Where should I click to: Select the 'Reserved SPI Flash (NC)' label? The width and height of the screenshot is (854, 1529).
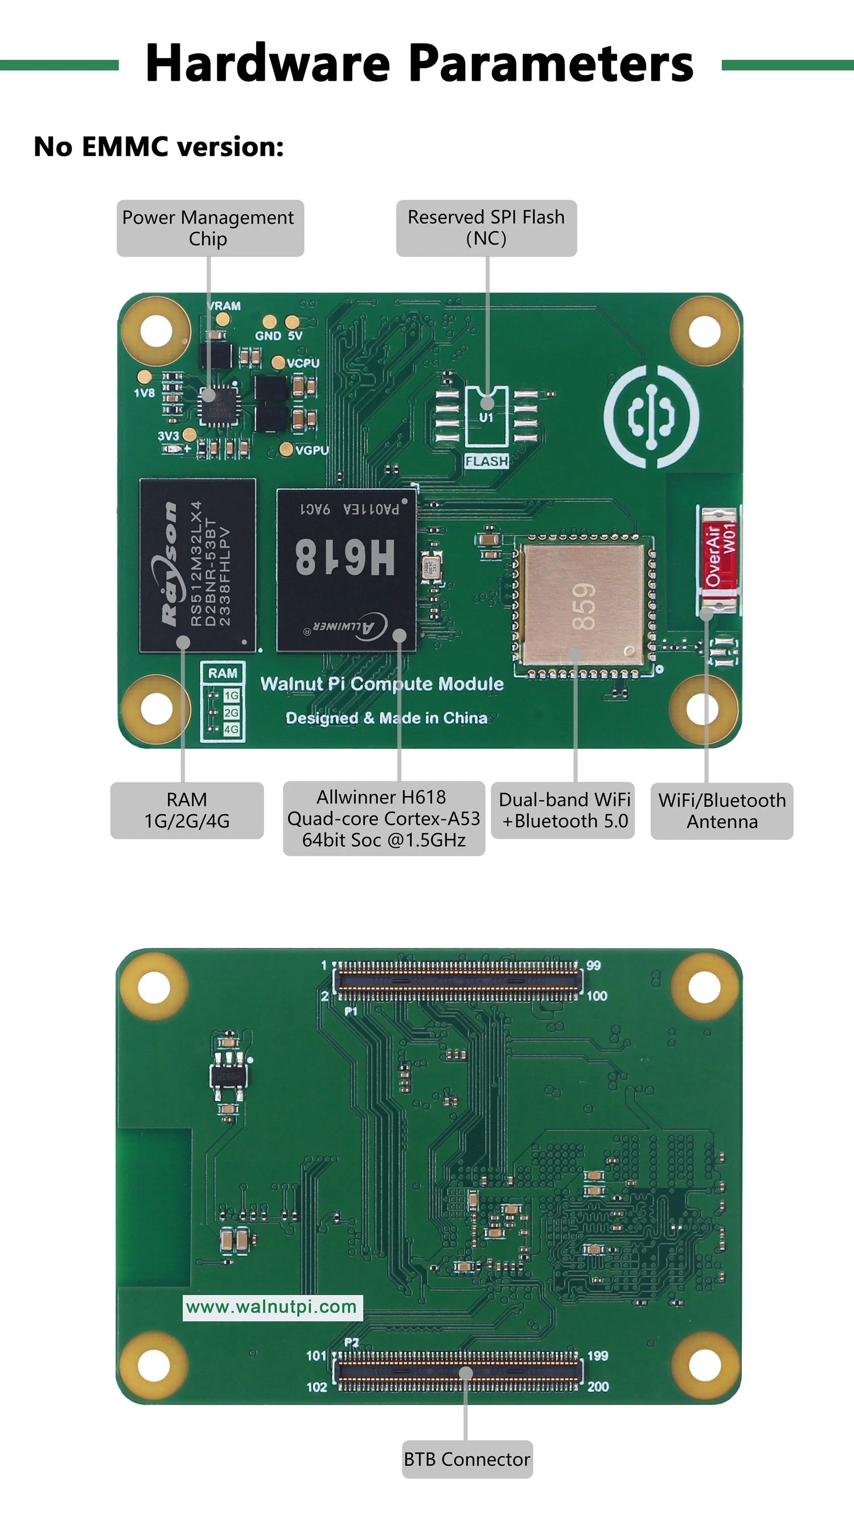tap(486, 228)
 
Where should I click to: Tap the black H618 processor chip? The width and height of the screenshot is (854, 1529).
tap(346, 570)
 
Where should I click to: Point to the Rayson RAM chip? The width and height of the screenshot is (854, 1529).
tap(197, 565)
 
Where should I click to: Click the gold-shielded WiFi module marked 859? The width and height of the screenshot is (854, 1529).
tap(583, 604)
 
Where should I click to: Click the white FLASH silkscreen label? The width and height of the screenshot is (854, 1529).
tap(486, 461)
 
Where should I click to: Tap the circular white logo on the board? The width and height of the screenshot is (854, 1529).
tap(651, 416)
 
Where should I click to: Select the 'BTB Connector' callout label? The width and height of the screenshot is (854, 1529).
tap(467, 1459)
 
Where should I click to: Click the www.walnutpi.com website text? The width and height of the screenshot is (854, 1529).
tap(272, 1307)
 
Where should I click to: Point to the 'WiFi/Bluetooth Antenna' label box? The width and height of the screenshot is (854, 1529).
tap(721, 811)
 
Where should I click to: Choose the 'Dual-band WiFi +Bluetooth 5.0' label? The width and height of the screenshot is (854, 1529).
tap(563, 810)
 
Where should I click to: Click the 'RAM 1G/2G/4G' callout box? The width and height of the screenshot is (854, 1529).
tap(187, 810)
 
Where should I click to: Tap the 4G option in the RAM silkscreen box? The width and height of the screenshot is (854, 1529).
tap(231, 729)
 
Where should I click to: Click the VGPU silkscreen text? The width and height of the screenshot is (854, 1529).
tap(312, 451)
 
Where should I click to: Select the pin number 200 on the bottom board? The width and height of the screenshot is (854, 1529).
tap(597, 1387)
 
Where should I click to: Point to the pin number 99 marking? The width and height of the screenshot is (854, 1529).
tap(593, 966)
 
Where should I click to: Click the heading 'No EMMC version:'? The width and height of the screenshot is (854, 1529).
tap(159, 147)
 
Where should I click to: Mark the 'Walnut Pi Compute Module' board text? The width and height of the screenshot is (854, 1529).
tap(382, 684)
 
